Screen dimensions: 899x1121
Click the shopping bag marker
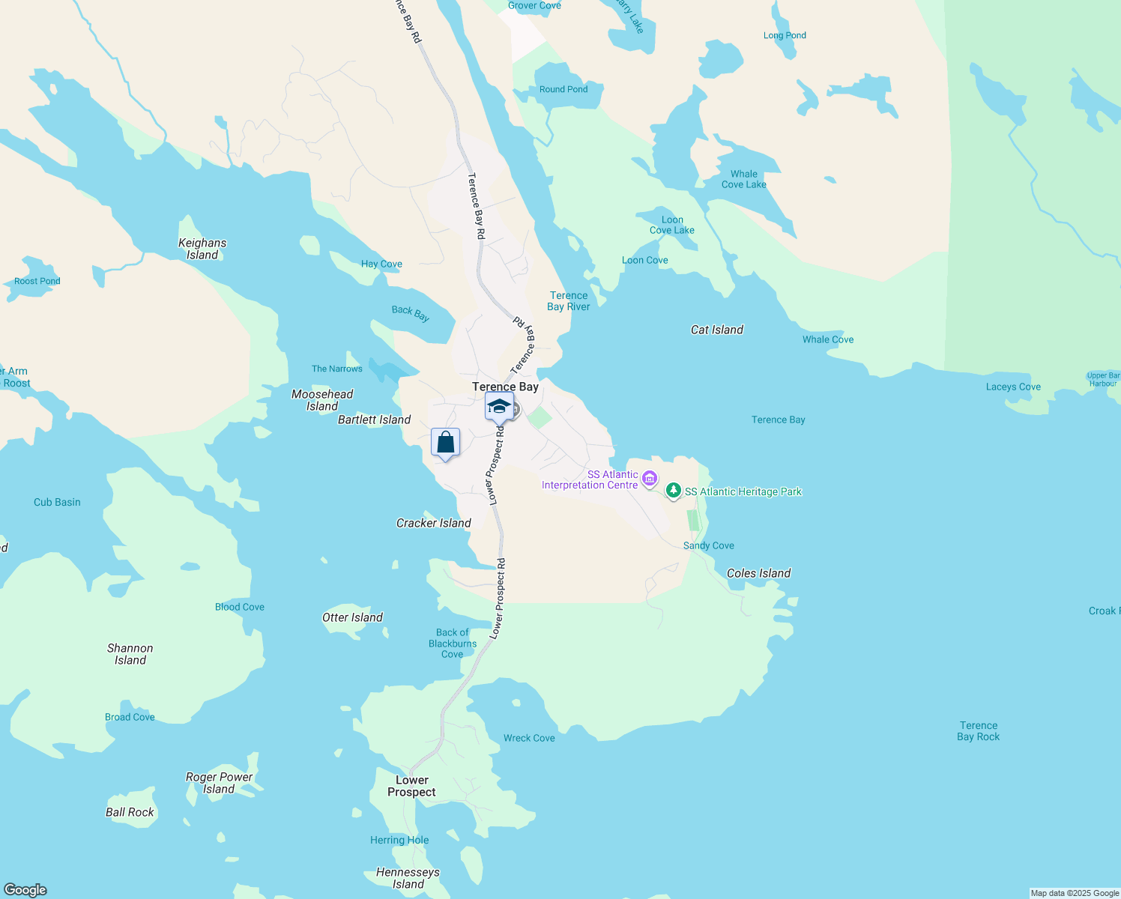[x=445, y=443]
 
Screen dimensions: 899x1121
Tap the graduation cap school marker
[x=499, y=407]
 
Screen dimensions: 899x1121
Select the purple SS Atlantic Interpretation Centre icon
[x=650, y=478]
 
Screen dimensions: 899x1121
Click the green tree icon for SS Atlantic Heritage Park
[x=674, y=491]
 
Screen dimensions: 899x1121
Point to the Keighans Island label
[x=202, y=249]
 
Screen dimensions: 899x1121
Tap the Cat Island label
[x=717, y=330]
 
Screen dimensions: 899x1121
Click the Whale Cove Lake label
[x=744, y=179]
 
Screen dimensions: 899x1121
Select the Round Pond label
[x=563, y=89]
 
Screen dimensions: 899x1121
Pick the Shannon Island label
[x=130, y=654]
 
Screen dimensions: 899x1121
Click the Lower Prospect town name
[x=411, y=786]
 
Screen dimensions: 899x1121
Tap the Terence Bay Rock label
[x=978, y=731]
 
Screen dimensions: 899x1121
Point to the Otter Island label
[x=352, y=617]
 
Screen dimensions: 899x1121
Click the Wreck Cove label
[x=529, y=738]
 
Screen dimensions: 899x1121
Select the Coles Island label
[x=758, y=573]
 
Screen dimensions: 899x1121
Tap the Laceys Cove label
[x=1013, y=387]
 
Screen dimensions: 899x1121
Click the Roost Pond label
[x=37, y=281]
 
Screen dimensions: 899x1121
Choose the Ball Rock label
[x=130, y=812]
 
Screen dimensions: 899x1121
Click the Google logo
[x=25, y=890]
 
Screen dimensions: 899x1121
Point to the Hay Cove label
[x=381, y=264]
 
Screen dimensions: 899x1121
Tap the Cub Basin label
[x=57, y=502]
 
